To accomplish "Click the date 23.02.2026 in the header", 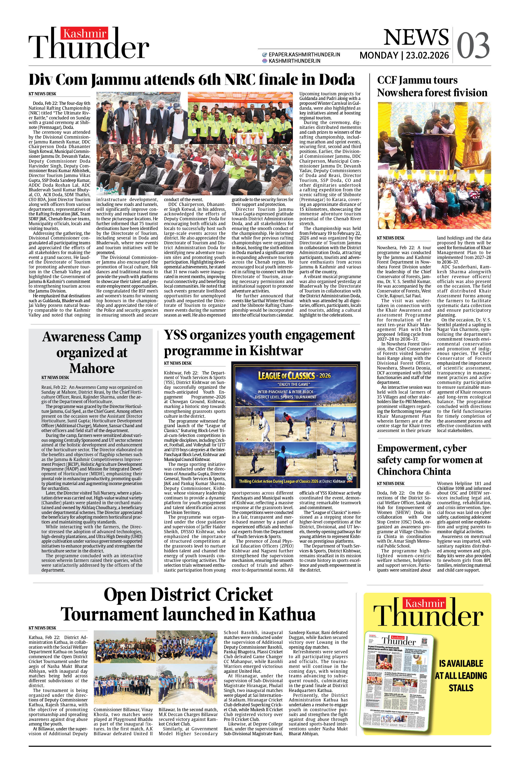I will point(427,55).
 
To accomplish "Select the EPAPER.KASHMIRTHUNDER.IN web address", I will point(304,55).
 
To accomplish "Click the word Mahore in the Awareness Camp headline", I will point(92,368).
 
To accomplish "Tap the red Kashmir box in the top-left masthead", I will point(85,33).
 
